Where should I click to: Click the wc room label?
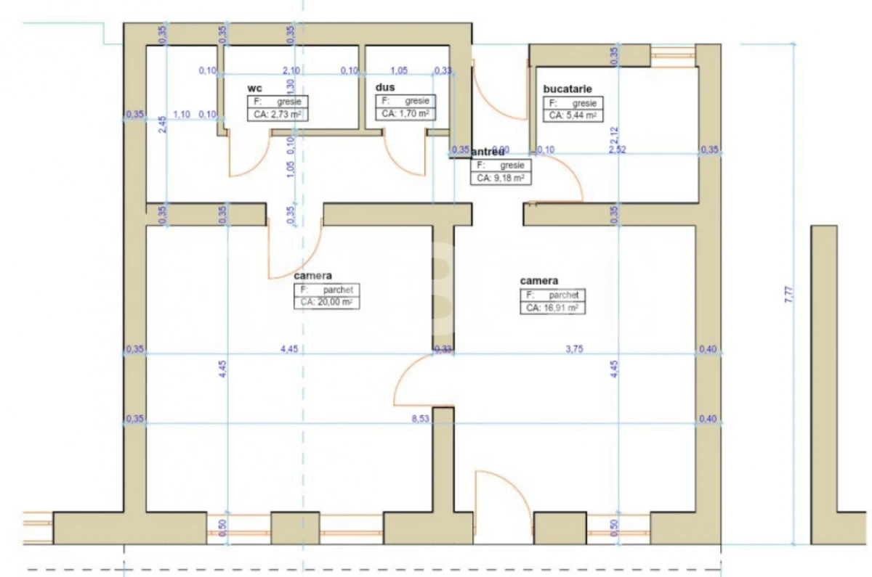point(254,88)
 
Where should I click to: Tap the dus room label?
point(384,87)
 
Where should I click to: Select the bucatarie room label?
point(573,89)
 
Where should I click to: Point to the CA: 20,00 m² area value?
point(327,303)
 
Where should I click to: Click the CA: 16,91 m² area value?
point(553,308)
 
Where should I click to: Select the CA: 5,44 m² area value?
point(573,115)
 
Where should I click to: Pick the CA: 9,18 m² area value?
point(501,177)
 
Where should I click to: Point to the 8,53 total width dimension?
point(420,419)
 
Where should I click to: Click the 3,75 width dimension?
point(575,349)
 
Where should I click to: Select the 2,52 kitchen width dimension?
point(617,150)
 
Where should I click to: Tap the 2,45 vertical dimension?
point(164,125)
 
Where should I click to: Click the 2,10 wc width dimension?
point(291,70)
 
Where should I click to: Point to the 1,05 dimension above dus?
point(398,70)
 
